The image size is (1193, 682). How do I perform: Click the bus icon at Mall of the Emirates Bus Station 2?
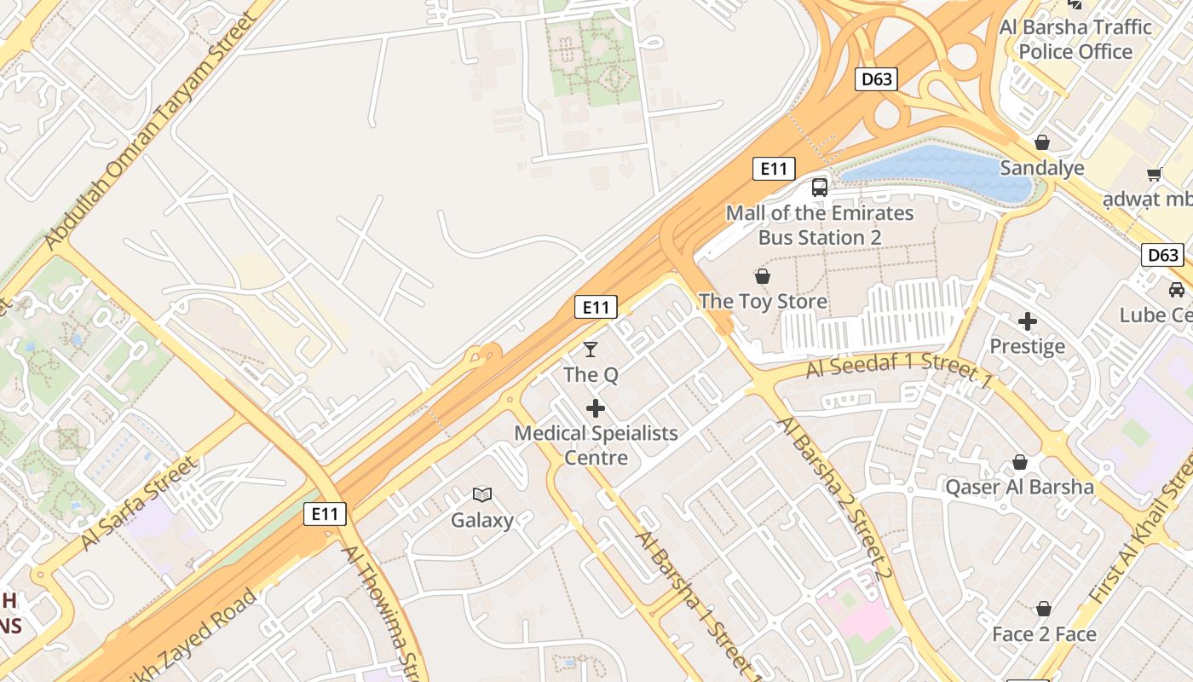(x=820, y=188)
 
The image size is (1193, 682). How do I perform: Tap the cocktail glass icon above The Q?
(x=590, y=349)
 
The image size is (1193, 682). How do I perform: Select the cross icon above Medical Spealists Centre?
(x=596, y=408)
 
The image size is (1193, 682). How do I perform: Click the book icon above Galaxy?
(x=482, y=494)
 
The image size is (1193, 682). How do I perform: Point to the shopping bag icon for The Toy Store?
(x=763, y=276)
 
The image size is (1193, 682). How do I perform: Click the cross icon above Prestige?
(x=1028, y=321)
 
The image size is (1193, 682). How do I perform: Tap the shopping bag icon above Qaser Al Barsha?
(x=1020, y=462)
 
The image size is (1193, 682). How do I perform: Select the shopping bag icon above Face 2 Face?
(x=1044, y=609)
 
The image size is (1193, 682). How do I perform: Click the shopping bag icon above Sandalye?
(x=1042, y=142)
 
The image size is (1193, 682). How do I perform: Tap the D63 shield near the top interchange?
(x=876, y=80)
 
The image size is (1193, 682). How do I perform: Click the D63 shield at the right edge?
(x=1162, y=255)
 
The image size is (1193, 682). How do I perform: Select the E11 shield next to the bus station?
(x=774, y=169)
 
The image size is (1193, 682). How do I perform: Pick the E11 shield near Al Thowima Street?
(x=325, y=514)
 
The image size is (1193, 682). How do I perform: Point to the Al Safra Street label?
(x=140, y=503)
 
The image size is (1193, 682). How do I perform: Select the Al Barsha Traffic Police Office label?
(x=1075, y=39)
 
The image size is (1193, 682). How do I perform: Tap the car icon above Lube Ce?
(x=1177, y=289)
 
